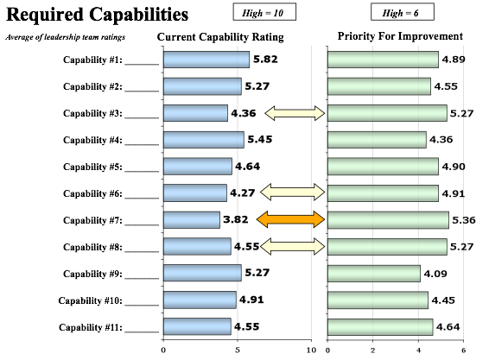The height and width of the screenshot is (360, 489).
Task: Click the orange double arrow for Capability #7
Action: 290,219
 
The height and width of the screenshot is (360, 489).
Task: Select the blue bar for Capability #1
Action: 206,60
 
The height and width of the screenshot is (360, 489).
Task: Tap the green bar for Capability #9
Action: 374,274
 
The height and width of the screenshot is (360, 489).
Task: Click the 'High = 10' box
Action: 264,12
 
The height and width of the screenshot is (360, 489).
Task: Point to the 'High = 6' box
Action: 403,12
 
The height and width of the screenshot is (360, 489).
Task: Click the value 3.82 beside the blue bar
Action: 236,219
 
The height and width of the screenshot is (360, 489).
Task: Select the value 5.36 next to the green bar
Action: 464,220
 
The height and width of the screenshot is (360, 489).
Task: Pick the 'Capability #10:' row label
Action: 91,300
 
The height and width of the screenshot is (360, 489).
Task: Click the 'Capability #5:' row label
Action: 93,167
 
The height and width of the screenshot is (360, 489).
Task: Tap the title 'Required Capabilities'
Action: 97,15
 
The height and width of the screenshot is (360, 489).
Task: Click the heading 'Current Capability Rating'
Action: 220,37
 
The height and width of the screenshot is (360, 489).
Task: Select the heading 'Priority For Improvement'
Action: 400,36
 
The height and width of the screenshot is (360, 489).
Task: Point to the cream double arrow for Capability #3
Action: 295,113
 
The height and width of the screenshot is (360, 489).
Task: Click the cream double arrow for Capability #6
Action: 293,192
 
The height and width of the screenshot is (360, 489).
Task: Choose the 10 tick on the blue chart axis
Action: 311,351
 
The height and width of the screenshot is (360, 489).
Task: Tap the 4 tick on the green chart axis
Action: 418,351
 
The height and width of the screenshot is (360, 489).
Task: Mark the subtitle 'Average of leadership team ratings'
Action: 65,37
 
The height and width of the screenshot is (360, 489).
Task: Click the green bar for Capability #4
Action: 377,140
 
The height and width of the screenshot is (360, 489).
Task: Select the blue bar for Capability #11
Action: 197,326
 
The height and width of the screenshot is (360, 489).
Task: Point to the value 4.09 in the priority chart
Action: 435,274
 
